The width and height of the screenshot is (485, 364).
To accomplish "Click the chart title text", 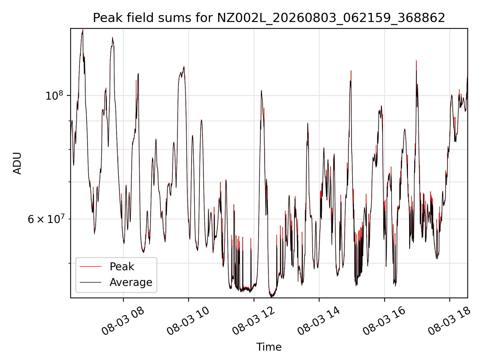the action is tap(269, 18).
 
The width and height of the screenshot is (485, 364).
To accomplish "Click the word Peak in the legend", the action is tap(122, 266).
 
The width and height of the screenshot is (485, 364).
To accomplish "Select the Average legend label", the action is tap(131, 282).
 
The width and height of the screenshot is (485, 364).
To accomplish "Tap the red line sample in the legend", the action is tap(90, 266).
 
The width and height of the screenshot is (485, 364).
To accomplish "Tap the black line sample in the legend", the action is tap(90, 282).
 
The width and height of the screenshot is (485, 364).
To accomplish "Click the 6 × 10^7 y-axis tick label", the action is tap(46, 219).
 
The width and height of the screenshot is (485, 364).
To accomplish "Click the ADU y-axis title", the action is tap(17, 163).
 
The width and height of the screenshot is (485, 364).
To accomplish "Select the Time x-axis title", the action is tap(269, 347).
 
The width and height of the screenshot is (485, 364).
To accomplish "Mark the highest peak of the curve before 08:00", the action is tap(83, 29).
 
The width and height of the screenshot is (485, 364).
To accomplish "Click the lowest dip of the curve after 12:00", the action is tap(272, 297).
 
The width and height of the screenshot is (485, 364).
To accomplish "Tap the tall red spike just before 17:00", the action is tap(416, 61).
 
